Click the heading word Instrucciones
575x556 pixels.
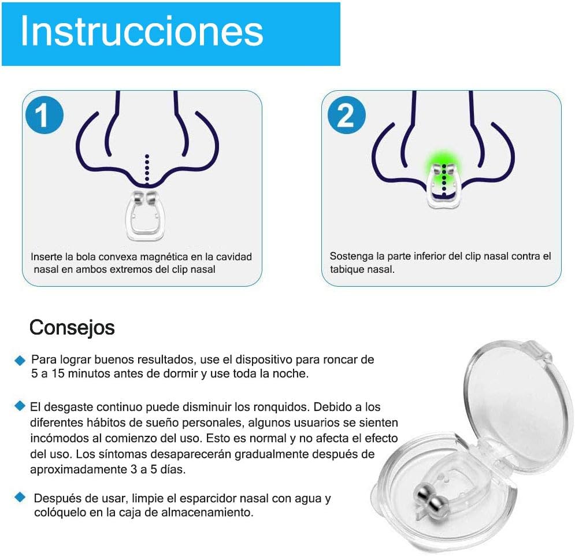(142, 32)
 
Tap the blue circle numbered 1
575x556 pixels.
(42, 116)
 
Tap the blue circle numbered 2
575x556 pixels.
(346, 116)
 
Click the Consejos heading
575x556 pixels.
(72, 328)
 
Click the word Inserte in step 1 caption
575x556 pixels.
(47, 257)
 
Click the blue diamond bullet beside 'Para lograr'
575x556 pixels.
(20, 360)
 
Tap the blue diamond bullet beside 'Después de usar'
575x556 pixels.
(20, 496)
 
